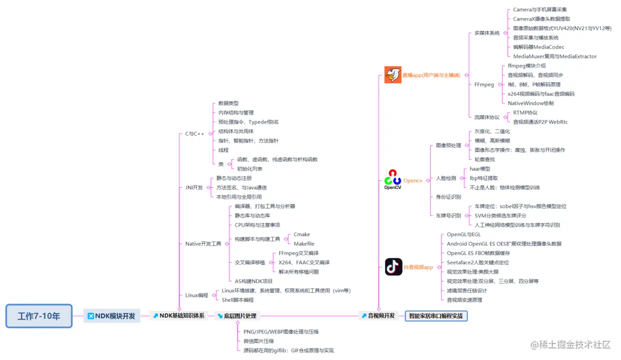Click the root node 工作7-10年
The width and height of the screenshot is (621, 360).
point(39,316)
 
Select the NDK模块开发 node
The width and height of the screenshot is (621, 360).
point(112,316)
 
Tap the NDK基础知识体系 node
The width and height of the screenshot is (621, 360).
point(179,316)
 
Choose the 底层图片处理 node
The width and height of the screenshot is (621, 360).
point(237,316)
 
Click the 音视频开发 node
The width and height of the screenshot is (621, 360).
point(379,316)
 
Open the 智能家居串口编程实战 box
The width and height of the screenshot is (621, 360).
point(436,316)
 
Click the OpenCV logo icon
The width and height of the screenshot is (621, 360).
point(393,180)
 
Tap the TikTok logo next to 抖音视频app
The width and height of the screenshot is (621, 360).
point(394,267)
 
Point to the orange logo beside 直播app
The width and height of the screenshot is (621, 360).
point(393,75)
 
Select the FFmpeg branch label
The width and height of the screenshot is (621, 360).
point(484,85)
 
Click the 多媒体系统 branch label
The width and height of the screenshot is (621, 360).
point(487,33)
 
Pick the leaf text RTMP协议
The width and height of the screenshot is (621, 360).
point(525,113)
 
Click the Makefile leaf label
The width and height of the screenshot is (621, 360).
point(304,244)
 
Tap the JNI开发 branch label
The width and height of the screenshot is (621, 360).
point(194,187)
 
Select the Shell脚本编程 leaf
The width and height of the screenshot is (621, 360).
point(238,300)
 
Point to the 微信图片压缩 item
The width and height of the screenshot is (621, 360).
point(259,341)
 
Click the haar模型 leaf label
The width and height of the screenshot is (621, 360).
point(480,169)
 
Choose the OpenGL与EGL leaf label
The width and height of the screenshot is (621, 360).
point(464,234)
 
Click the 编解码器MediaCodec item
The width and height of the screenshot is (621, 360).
point(539,47)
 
